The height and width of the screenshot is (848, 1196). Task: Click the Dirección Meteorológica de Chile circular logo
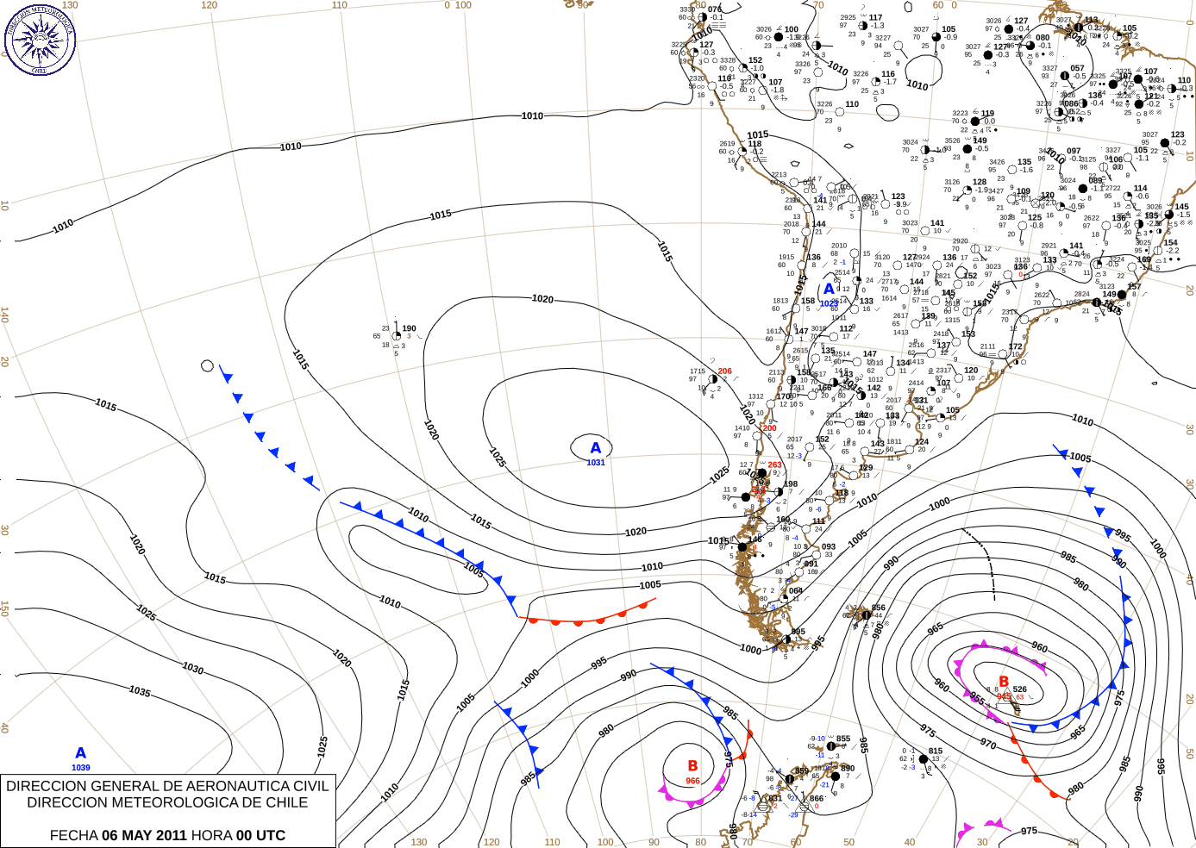click(40, 39)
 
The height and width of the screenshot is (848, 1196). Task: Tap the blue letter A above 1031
click(595, 448)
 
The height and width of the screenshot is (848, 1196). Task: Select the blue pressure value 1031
click(596, 463)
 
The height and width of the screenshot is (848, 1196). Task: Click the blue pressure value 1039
click(81, 768)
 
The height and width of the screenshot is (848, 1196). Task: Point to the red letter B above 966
click(692, 766)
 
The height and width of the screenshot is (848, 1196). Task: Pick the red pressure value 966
click(693, 781)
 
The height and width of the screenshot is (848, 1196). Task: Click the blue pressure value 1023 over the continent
click(829, 303)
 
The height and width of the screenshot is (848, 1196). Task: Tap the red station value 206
click(725, 371)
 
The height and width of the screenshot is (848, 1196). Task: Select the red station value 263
click(775, 465)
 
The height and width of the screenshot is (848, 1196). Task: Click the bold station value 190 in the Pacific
click(410, 328)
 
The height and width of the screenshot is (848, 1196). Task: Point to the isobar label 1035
click(140, 691)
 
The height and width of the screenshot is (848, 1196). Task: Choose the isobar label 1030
click(192, 669)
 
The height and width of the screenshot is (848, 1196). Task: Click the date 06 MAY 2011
click(144, 835)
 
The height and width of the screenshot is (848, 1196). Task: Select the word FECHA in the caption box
click(73, 835)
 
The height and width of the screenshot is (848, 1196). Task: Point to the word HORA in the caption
click(211, 835)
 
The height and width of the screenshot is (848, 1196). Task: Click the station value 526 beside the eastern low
click(1020, 689)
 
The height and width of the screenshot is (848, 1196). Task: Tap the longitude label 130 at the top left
click(70, 5)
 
